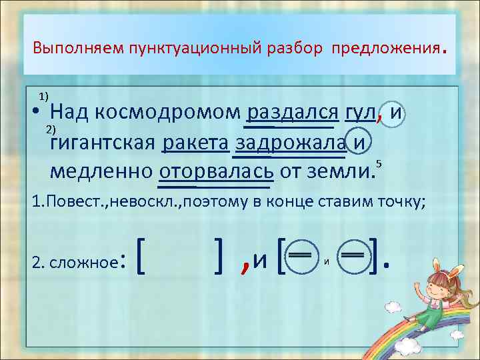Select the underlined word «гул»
[x=359, y=114]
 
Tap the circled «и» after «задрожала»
[x=359, y=143]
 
